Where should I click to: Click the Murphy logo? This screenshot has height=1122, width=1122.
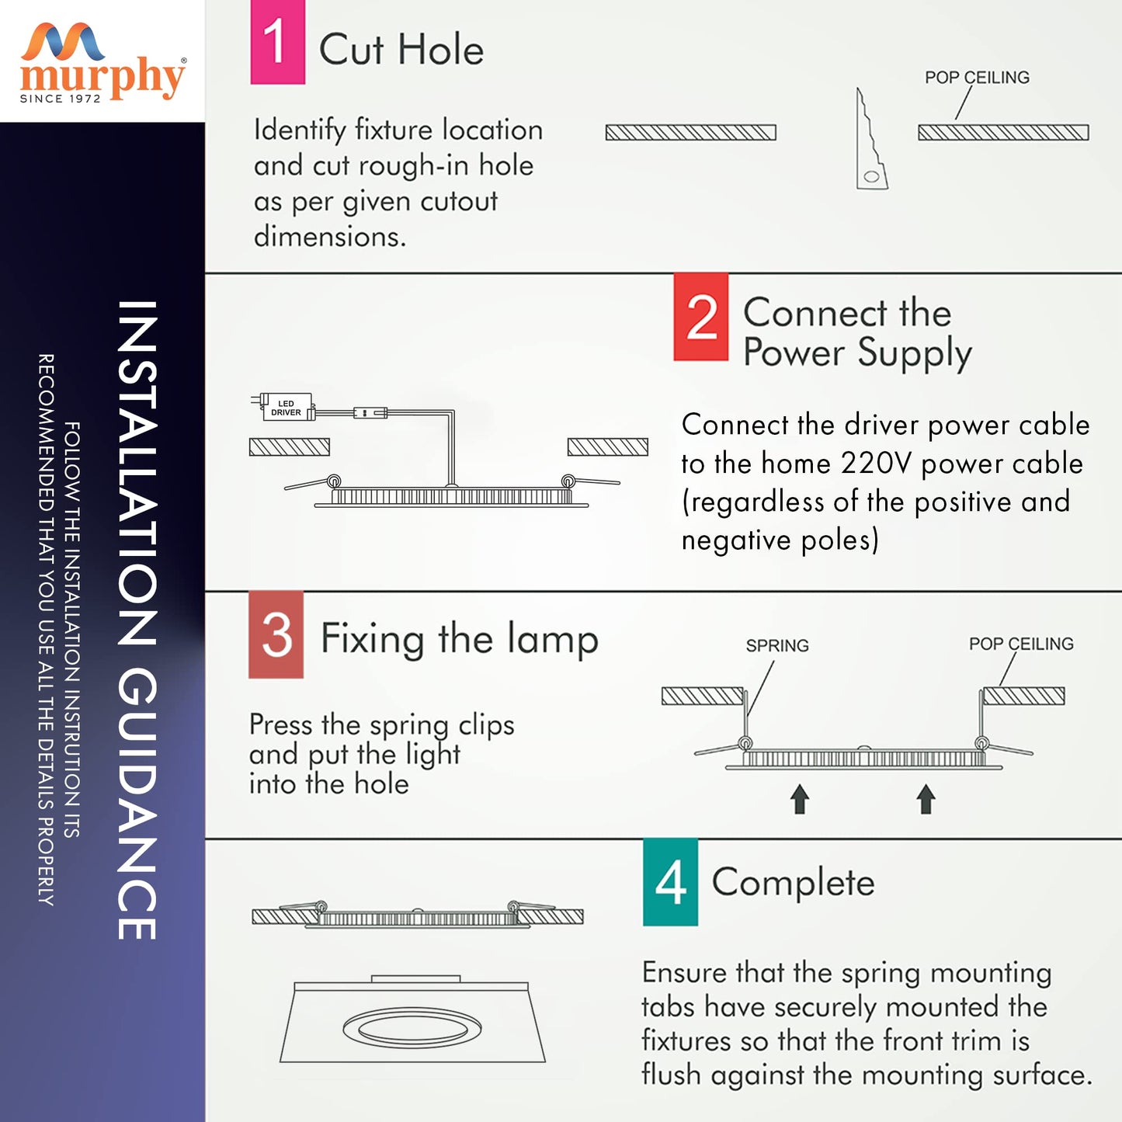pyautogui.click(x=102, y=62)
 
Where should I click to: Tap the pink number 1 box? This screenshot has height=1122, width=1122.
pyautogui.click(x=277, y=42)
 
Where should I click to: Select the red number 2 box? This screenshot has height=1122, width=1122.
pyautogui.click(x=700, y=317)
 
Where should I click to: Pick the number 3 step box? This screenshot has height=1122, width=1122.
pyautogui.click(x=276, y=634)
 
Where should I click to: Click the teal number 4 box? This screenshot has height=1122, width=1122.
pyautogui.click(x=670, y=882)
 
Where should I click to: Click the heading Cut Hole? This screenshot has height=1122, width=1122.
pyautogui.click(x=401, y=50)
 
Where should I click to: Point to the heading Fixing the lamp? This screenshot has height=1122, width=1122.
pyautogui.click(x=459, y=639)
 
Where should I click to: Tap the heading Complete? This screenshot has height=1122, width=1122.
pyautogui.click(x=793, y=883)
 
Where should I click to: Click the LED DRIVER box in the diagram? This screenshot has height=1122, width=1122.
pyautogui.click(x=286, y=408)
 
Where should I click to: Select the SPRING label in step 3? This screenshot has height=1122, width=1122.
pyautogui.click(x=777, y=646)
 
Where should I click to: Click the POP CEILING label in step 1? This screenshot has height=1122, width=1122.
pyautogui.click(x=977, y=78)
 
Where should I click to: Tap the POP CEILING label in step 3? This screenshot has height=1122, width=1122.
pyautogui.click(x=1021, y=644)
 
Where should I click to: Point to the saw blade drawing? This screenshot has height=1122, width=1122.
pyautogui.click(x=870, y=140)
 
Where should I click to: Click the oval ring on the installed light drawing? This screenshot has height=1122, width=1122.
pyautogui.click(x=412, y=1030)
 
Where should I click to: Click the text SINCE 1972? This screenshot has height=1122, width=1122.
pyautogui.click(x=61, y=99)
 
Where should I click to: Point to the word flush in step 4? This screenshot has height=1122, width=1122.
pyautogui.click(x=670, y=1075)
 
